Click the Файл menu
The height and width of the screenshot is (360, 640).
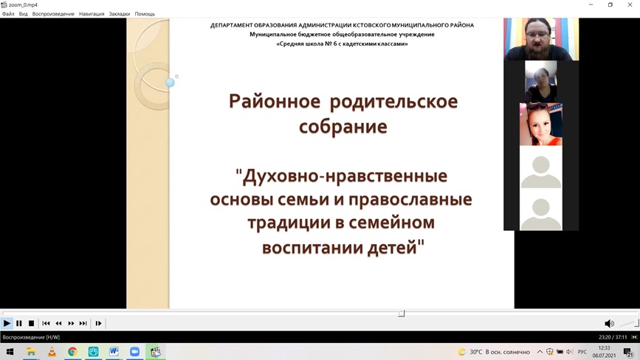[8, 14]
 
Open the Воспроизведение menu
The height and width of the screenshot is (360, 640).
[53, 14]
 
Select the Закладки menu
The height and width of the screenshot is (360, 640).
[119, 14]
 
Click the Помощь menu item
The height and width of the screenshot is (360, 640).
[145, 14]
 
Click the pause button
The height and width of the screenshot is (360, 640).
[18, 323]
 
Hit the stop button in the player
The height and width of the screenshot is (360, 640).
[31, 323]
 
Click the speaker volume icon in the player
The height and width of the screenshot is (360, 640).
[609, 323]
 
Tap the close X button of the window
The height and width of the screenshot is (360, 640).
[630, 5]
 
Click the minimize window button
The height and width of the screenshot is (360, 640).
[591, 5]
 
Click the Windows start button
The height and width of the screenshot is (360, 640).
[10, 351]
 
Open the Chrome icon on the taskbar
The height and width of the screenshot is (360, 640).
[72, 351]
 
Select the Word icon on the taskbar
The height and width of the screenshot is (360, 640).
[114, 351]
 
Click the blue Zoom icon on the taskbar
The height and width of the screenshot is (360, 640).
[134, 351]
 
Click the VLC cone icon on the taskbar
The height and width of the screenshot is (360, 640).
[52, 351]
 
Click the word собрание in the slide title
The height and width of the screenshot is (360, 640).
[343, 127]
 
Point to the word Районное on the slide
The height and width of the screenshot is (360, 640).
[275, 101]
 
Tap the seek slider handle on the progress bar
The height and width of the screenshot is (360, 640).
[402, 313]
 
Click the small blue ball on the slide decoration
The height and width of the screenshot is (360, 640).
[170, 83]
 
